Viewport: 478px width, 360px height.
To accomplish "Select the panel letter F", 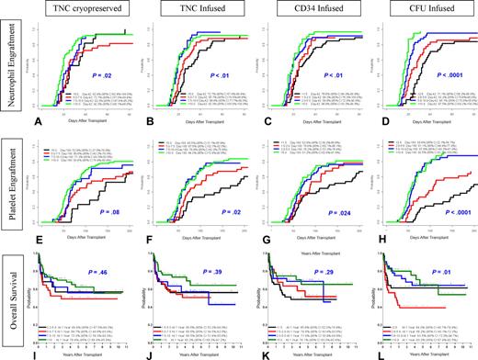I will [145, 242].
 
